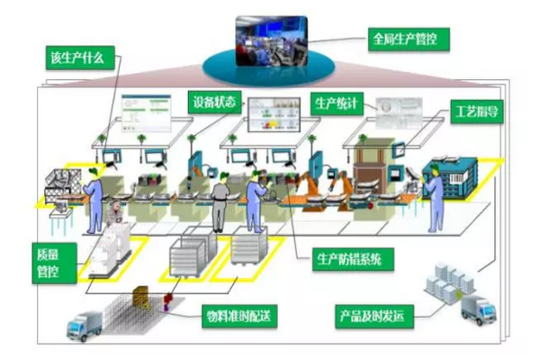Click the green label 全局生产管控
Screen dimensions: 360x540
[x=408, y=40]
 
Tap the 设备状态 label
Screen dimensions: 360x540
[x=214, y=101]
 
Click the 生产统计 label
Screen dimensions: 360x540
[x=337, y=103]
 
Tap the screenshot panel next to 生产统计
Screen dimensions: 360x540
[x=397, y=112]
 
